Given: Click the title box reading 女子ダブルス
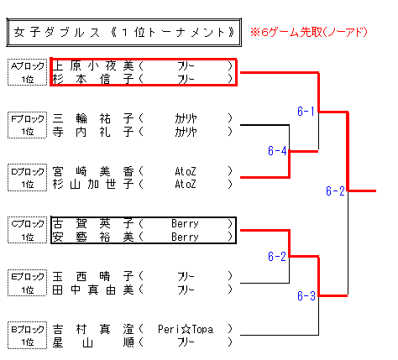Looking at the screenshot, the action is coord(123,33).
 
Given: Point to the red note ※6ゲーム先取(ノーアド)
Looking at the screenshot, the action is coord(309,32).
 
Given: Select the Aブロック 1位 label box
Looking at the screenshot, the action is coord(27,72).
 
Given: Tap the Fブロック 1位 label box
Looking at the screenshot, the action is coord(27,125).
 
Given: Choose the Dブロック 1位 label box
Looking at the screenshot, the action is coord(27,177).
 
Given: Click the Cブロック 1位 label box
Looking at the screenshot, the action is coord(27,230).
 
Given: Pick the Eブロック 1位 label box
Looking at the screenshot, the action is coord(27,283).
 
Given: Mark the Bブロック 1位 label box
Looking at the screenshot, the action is coord(27,336).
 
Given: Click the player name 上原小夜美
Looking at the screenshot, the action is coord(93,66).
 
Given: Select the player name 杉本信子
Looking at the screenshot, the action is coord(93,79).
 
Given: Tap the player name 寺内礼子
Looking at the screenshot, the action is coord(93,132).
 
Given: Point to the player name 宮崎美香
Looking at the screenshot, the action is coord(93,171).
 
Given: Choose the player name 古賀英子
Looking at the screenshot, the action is coord(93,224).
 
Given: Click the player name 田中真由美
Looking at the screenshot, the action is coord(93,290).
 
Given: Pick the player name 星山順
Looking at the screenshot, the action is coord(93,342).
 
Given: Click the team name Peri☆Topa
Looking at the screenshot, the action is coord(186,329).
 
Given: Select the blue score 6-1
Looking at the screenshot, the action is coord(306,112).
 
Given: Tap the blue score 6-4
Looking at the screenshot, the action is coord(277,151).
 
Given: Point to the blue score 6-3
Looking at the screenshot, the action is coord(306,295).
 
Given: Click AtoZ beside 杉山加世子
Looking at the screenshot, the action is coord(186,185).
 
